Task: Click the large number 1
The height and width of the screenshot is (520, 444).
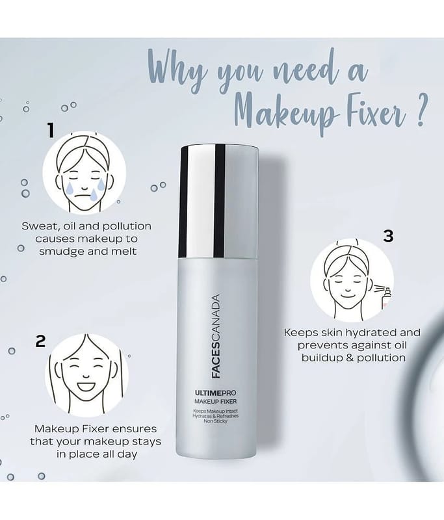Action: (51, 131)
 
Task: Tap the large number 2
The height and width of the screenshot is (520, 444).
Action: (40, 341)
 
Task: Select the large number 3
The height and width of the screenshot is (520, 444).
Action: (388, 236)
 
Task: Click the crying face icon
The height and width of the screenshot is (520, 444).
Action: (85, 172)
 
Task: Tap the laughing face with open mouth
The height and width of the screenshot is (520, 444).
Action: (86, 375)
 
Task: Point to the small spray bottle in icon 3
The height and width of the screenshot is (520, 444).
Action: (385, 298)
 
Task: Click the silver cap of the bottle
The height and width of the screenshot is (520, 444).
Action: (219, 201)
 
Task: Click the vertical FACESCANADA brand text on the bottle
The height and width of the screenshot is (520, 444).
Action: (216, 336)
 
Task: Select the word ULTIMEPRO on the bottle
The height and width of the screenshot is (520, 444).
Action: (216, 393)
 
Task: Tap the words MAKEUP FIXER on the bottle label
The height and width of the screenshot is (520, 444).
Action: (216, 402)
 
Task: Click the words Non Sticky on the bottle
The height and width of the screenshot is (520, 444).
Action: (216, 421)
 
